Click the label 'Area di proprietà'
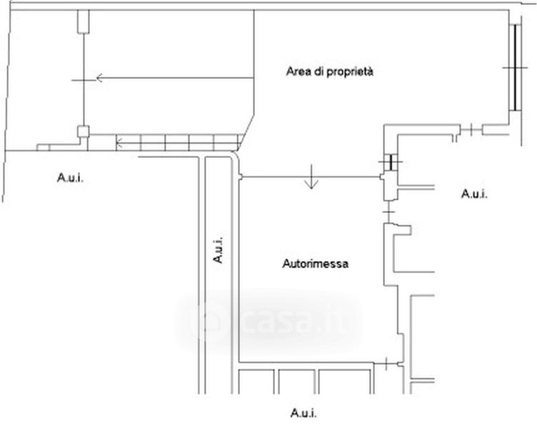331,72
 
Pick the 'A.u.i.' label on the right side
474,193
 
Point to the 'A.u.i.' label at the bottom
303,413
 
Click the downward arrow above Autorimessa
311,182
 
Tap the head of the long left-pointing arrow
101,78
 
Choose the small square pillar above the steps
83,132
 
